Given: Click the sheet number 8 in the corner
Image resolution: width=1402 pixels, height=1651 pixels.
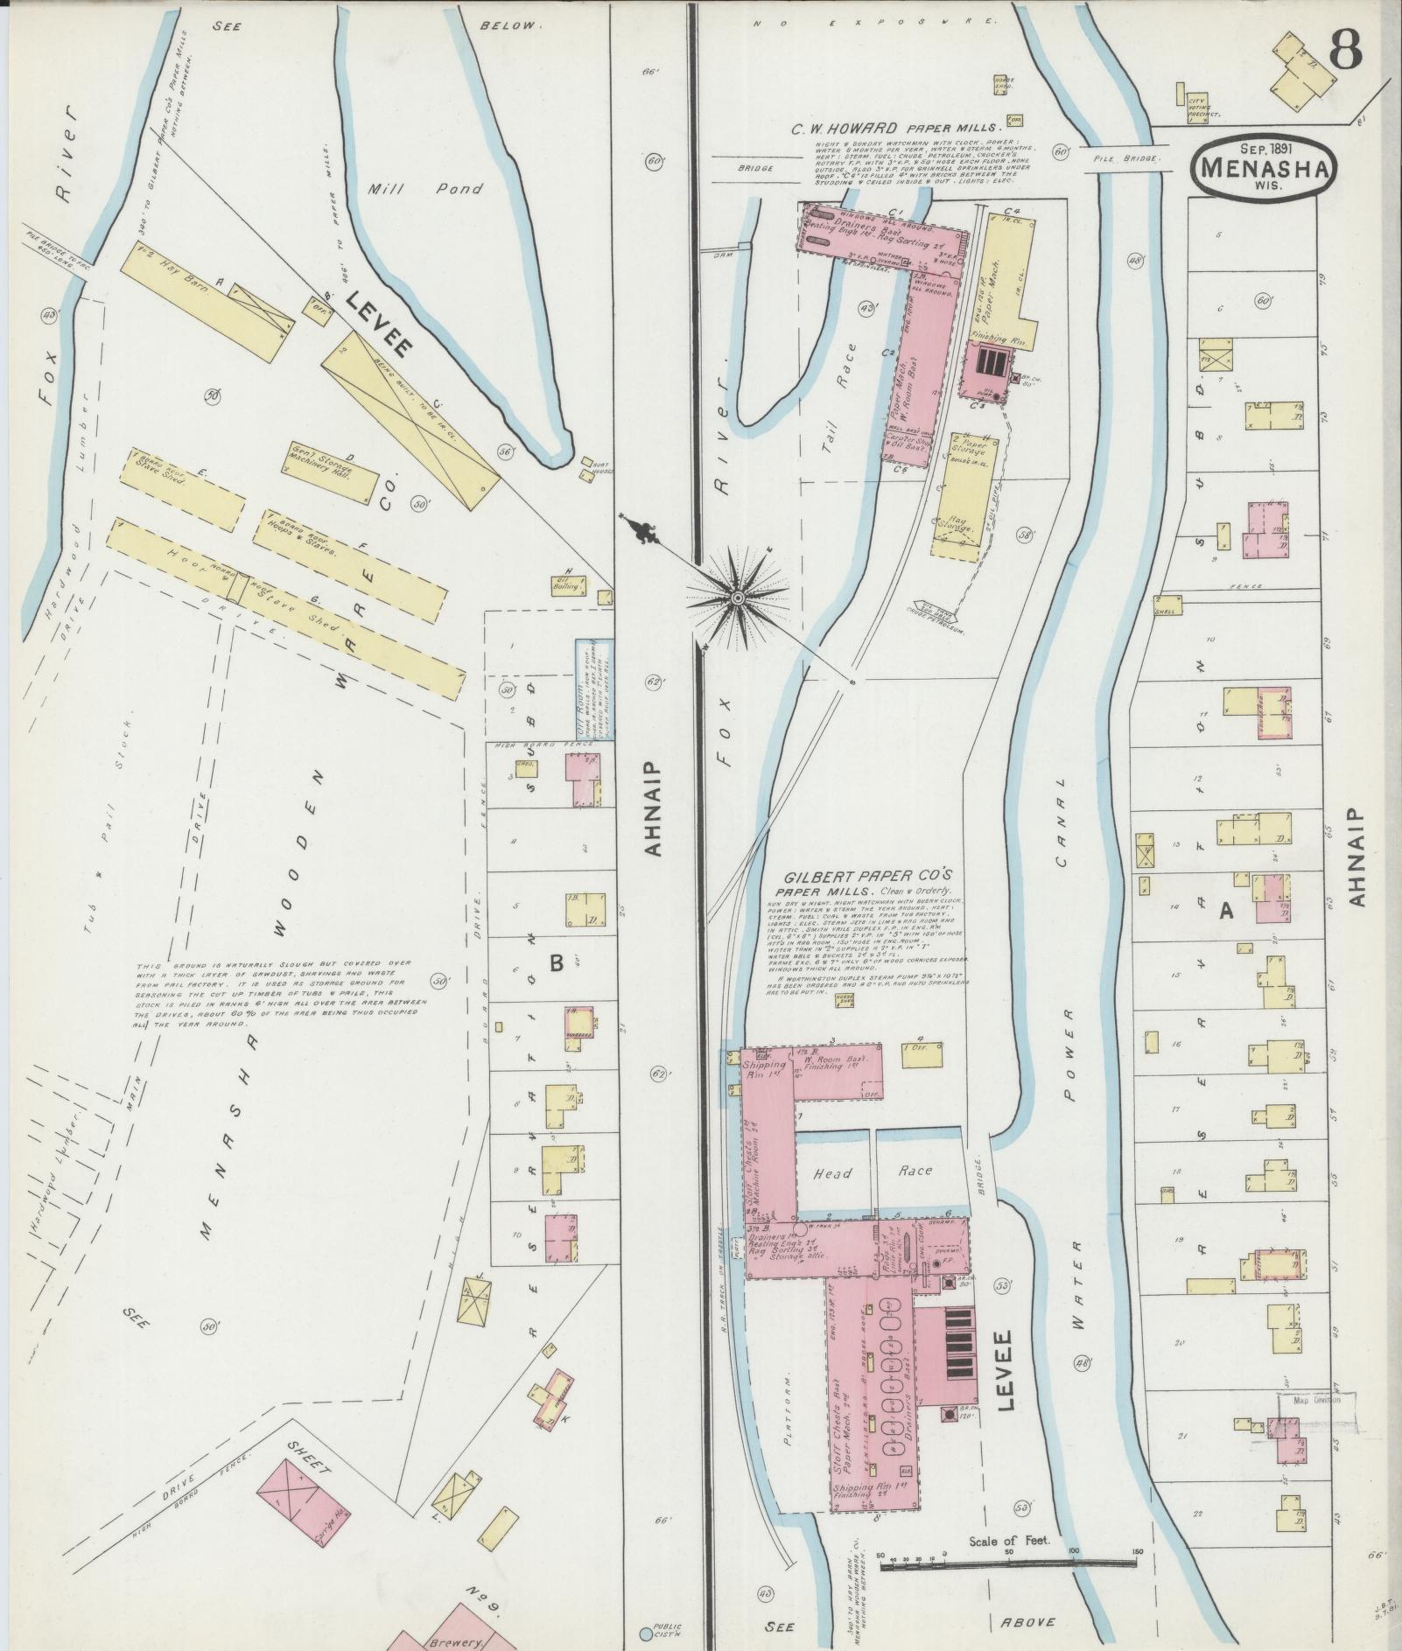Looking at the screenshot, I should click(x=1346, y=51).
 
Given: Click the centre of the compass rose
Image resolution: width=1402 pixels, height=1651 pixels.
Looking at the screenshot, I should click(x=737, y=598).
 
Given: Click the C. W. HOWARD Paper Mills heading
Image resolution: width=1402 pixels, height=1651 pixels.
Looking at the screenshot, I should click(x=899, y=128).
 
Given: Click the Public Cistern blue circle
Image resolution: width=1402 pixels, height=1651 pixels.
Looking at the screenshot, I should click(x=646, y=1633).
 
